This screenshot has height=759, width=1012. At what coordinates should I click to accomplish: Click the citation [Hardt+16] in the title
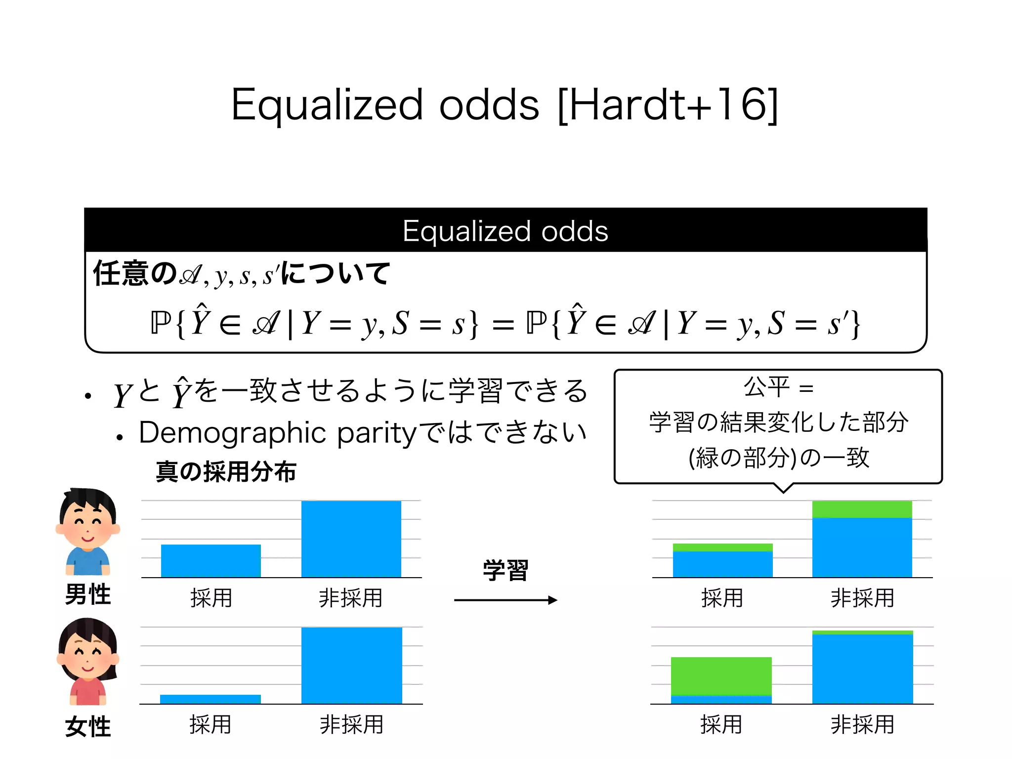click(x=667, y=105)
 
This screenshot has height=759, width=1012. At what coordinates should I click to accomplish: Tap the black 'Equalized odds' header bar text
click(x=505, y=231)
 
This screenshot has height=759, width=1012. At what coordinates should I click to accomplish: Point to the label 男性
click(x=88, y=594)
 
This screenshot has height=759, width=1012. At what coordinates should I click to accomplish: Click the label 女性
click(x=88, y=726)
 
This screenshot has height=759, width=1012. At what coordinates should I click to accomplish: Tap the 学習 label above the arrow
click(x=506, y=570)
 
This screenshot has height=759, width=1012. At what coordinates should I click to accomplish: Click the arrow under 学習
click(x=506, y=600)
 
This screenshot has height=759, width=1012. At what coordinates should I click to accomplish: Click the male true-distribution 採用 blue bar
click(x=211, y=561)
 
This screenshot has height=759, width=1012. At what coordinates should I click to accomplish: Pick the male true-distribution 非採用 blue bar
click(x=351, y=539)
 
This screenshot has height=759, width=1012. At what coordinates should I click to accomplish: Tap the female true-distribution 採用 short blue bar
click(x=211, y=699)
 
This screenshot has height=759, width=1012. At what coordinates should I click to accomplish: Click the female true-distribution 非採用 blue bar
click(x=351, y=666)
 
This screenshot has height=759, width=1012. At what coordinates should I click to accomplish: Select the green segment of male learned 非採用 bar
click(x=862, y=509)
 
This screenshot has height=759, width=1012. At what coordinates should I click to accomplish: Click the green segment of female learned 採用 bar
click(x=721, y=676)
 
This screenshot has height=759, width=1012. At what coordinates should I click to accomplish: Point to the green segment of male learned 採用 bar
click(x=722, y=548)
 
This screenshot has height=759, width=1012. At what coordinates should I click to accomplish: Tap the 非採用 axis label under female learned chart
click(x=862, y=725)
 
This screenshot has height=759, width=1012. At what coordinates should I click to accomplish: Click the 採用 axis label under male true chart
click(x=211, y=598)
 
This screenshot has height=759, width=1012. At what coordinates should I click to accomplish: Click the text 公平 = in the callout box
click(x=778, y=387)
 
